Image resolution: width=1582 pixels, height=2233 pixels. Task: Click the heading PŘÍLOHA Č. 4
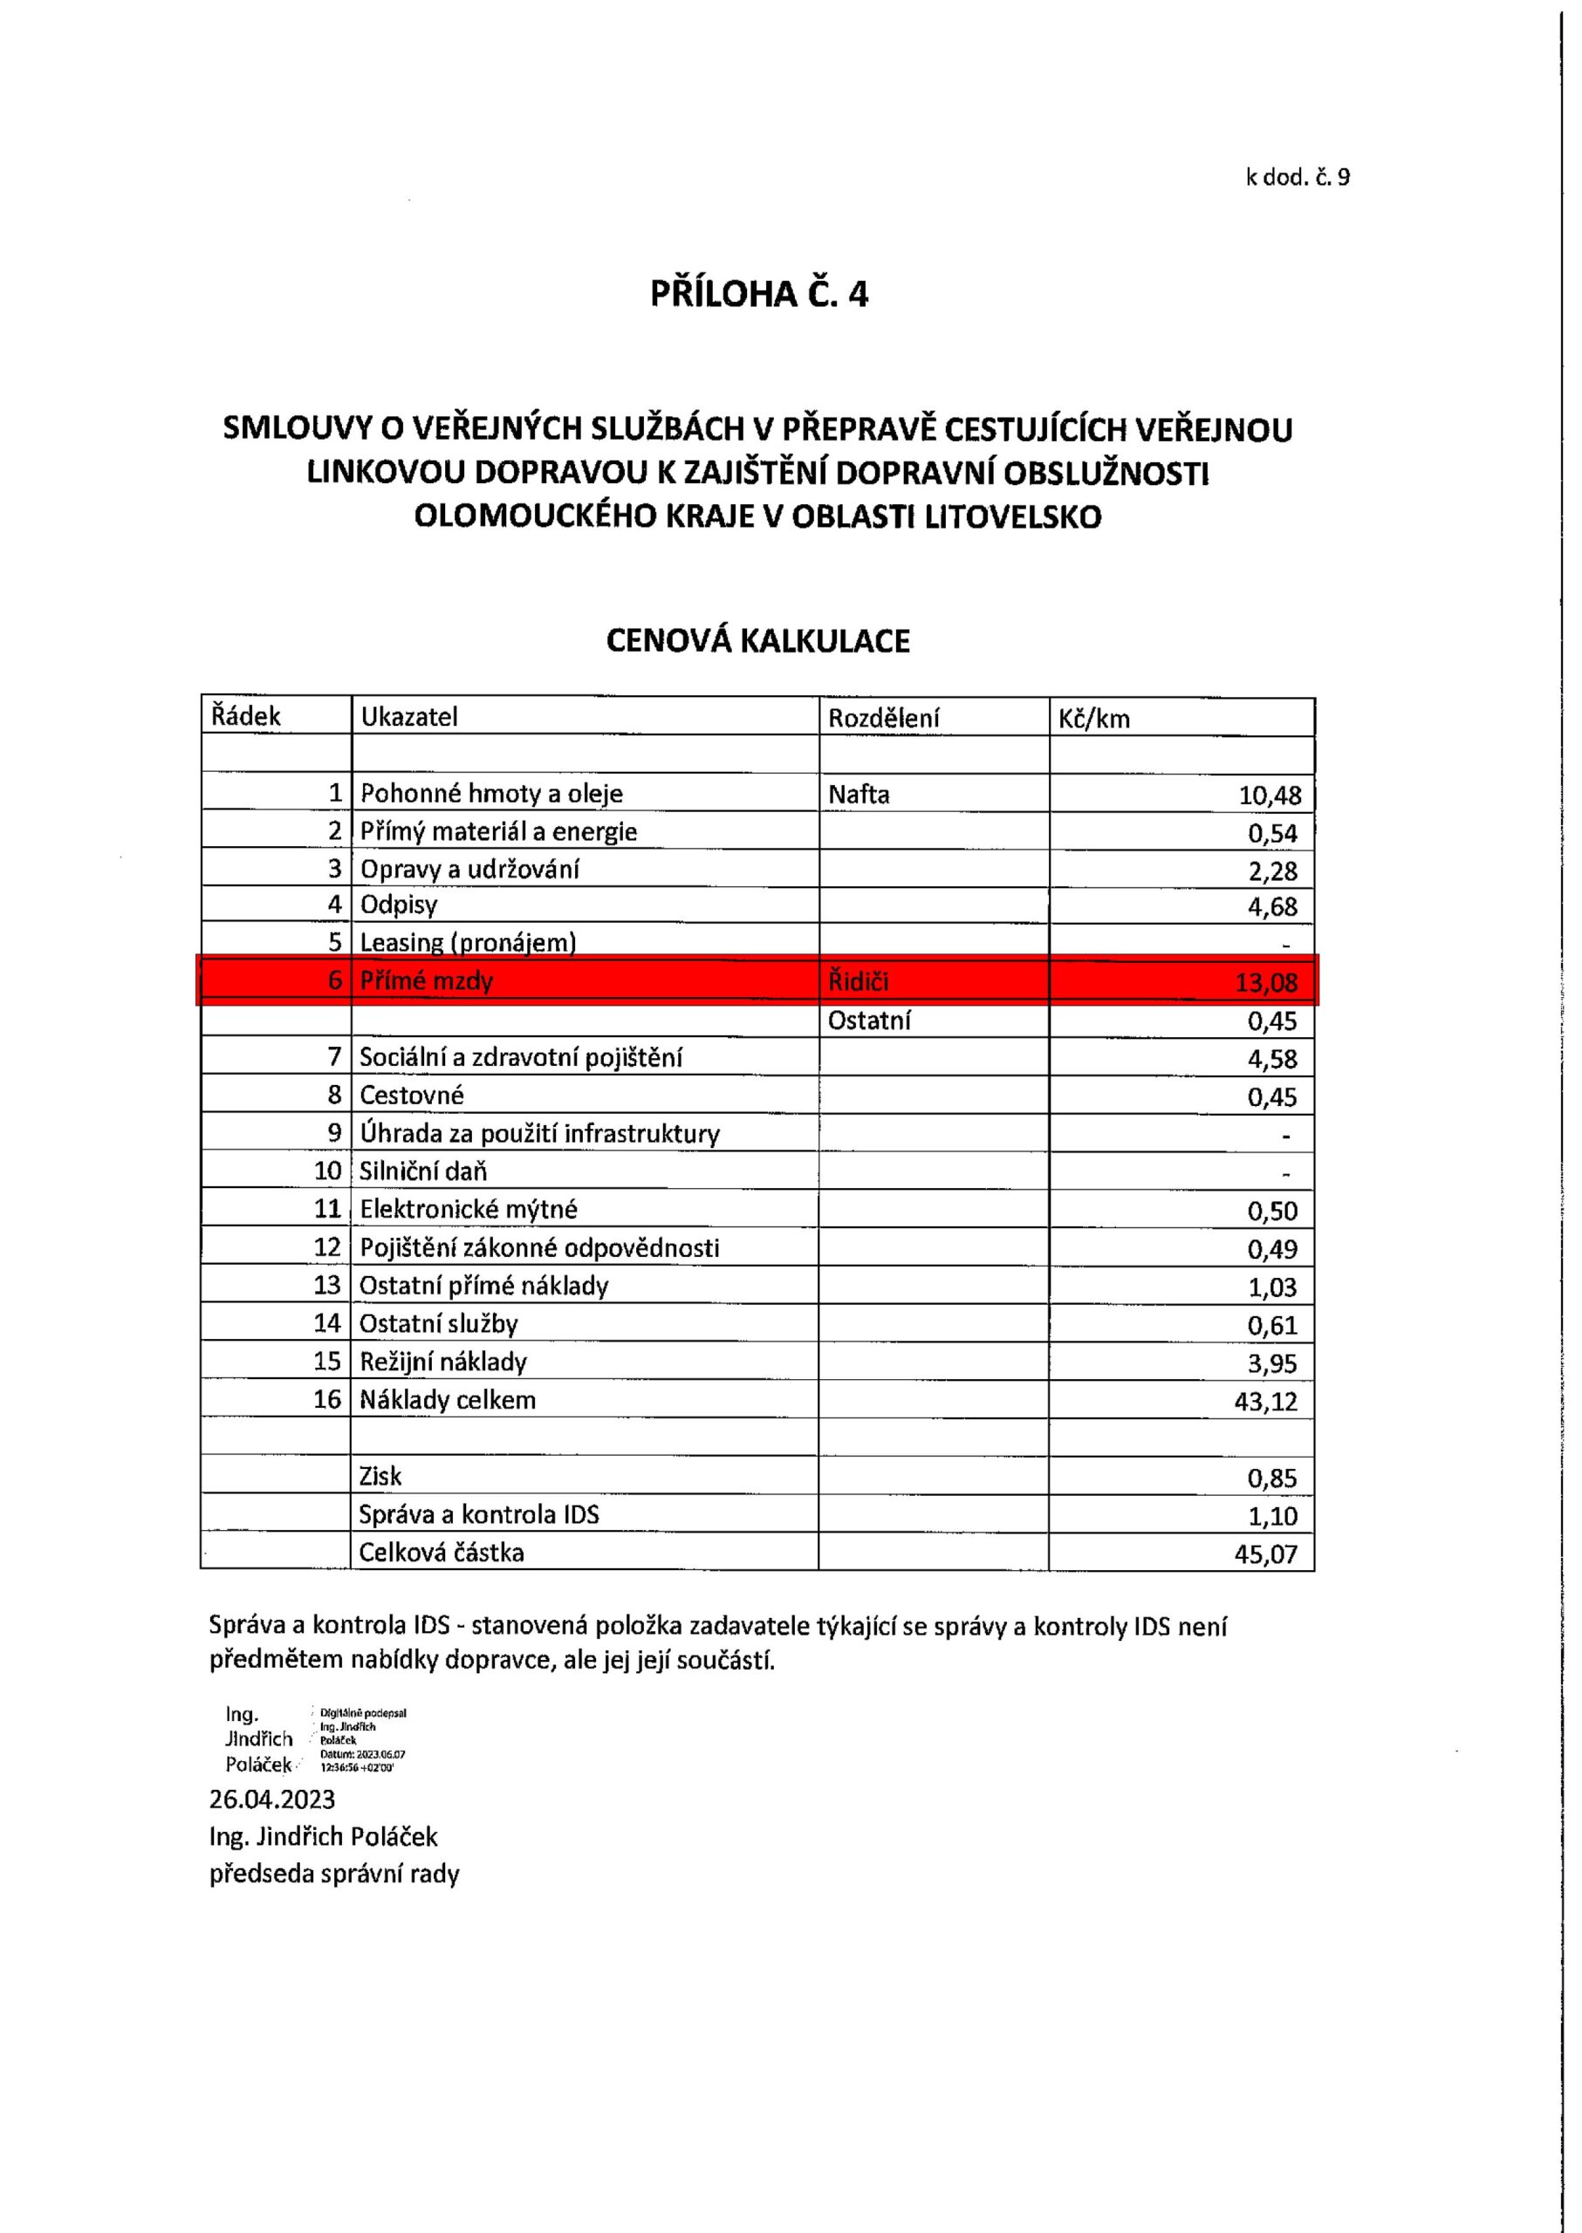pos(759,294)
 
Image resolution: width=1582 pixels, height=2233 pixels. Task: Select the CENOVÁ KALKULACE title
pos(758,641)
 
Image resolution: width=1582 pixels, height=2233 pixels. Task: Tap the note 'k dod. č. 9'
pos(1298,177)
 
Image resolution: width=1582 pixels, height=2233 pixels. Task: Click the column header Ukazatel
pos(409,717)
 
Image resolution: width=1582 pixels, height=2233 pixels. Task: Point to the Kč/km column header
pos(1094,719)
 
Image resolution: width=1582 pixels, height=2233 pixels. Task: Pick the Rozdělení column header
pos(884,718)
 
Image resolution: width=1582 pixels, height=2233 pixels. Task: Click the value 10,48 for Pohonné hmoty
pos(1270,796)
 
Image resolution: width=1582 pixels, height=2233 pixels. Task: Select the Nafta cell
pos(859,795)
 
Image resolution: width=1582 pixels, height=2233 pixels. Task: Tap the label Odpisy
pos(399,905)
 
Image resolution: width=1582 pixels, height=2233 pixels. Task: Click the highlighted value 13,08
pos(1266,982)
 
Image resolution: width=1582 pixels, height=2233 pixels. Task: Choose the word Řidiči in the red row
pos(859,981)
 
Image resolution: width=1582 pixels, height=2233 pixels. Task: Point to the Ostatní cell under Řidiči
pos(869,1021)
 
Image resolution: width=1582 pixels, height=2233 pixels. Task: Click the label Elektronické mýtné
pos(469,1210)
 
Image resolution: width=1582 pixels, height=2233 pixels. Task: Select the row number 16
pos(327,1399)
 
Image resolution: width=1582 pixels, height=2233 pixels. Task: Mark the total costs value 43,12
pos(1265,1403)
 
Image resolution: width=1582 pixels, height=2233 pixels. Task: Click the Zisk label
pos(380,1477)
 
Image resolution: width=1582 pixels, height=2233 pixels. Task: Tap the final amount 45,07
pos(1265,1554)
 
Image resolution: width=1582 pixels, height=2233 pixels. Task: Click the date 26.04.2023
pos(271,1799)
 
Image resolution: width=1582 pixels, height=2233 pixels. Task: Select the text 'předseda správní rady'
pos(334,1874)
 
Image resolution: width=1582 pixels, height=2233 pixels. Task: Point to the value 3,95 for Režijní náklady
pos(1272,1363)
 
